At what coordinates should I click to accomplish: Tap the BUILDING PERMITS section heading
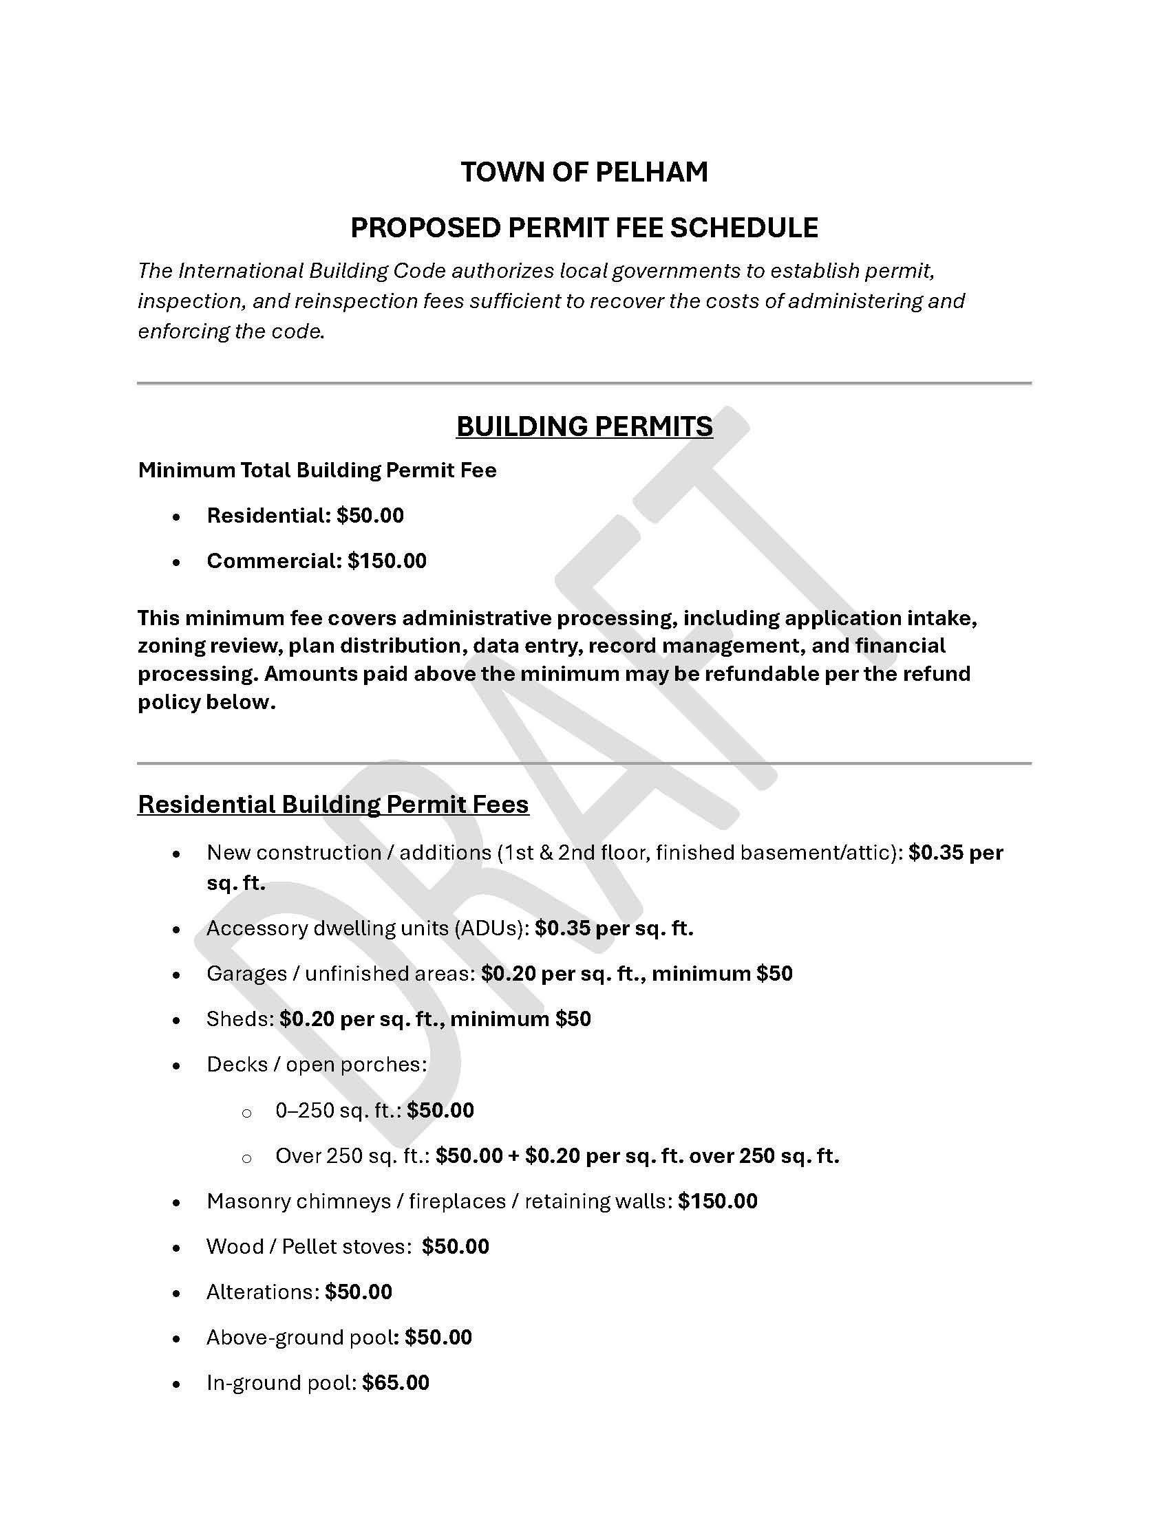pos(584,426)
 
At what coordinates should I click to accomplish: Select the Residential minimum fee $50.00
pos(370,515)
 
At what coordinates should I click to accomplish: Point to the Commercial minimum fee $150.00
pos(387,560)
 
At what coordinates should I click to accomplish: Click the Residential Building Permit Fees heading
pos(332,805)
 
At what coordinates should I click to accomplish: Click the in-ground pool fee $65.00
pos(395,1383)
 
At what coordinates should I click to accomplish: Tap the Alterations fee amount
pos(359,1292)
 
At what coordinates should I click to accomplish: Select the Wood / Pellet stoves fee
pos(456,1246)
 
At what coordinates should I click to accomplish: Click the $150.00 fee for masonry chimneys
pos(717,1201)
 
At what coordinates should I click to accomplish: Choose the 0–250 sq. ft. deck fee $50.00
pos(440,1111)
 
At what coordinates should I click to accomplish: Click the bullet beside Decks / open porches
pos(177,1065)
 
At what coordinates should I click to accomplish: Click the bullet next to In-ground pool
pos(177,1384)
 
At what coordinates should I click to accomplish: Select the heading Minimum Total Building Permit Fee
pos(317,470)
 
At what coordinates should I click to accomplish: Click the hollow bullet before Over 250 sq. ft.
pos(246,1157)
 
